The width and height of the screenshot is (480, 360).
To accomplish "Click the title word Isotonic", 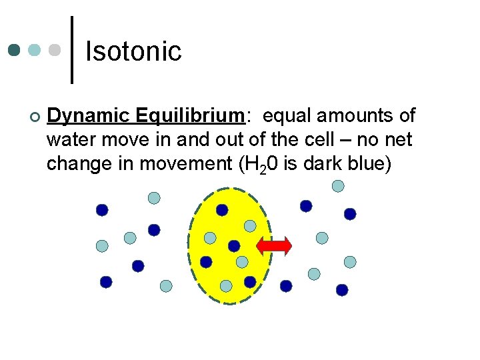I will pos(133,51).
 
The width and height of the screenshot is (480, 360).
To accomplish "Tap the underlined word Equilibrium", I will pos(190,117).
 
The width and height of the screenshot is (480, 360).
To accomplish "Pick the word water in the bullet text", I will pos(68,140).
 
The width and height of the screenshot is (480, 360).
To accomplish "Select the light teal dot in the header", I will pos(35,50).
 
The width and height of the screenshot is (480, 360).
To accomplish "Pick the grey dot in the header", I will pos(55,50).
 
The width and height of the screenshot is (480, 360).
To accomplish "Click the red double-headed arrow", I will pos(274,246).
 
